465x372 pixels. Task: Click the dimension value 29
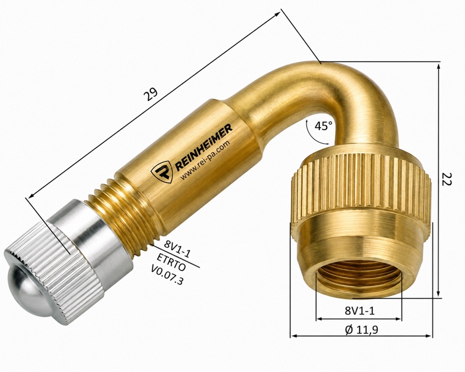coord(151,95)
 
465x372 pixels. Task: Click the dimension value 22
coord(446,179)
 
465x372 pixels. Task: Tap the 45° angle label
coord(323,126)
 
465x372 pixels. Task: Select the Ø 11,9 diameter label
coord(362,330)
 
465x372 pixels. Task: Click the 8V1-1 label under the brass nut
coord(360,311)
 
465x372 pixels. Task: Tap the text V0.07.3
coord(167,275)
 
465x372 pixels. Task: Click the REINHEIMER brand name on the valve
coord(204,147)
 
